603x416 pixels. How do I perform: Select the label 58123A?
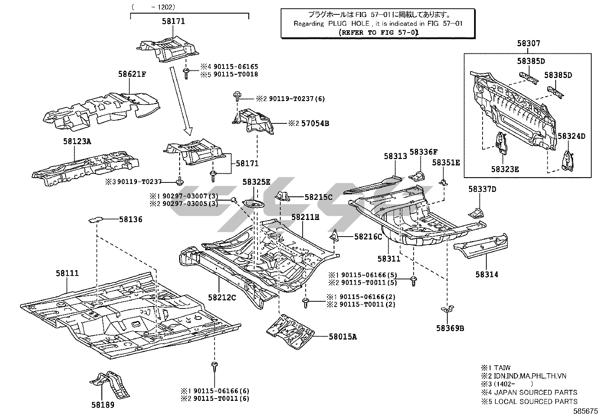coord(77,142)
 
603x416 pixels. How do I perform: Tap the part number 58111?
coord(67,273)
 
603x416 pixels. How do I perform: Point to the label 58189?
coord(103,405)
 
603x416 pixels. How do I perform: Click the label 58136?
coord(131,219)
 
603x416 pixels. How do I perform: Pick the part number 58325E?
coord(256,182)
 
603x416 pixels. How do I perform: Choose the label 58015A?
coord(342,337)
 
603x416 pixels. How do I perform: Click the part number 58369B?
coord(450,328)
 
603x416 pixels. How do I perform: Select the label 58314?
coord(487,274)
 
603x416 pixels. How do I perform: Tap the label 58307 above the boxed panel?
coord(529,44)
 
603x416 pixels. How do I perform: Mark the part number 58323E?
coord(505,169)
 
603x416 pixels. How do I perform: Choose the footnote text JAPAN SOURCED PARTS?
coord(536,393)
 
